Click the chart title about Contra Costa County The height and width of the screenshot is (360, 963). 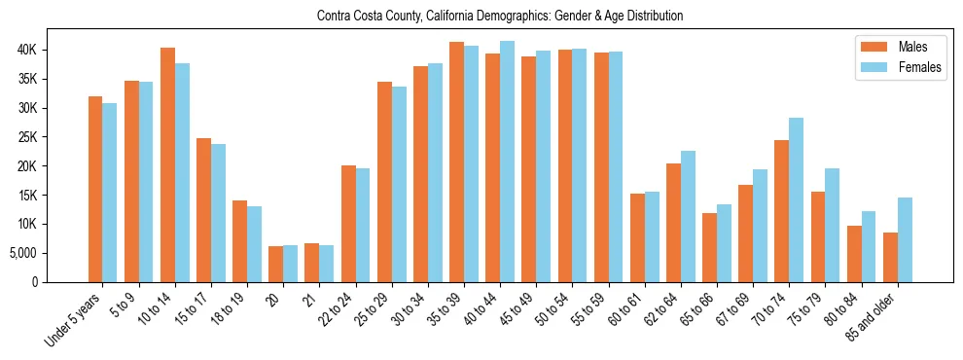(500, 16)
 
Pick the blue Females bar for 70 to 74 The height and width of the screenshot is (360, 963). (796, 199)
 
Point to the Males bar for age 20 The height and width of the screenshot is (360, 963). (276, 264)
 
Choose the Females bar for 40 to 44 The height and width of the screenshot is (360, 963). (507, 162)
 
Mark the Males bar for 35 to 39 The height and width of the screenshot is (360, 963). (456, 162)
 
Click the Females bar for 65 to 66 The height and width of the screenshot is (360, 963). (724, 243)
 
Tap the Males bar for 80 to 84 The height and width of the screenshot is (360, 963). (854, 254)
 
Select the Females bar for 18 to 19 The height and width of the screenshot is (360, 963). (254, 244)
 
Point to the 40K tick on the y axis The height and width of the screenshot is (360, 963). (53, 50)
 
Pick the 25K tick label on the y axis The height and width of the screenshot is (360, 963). (53, 137)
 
